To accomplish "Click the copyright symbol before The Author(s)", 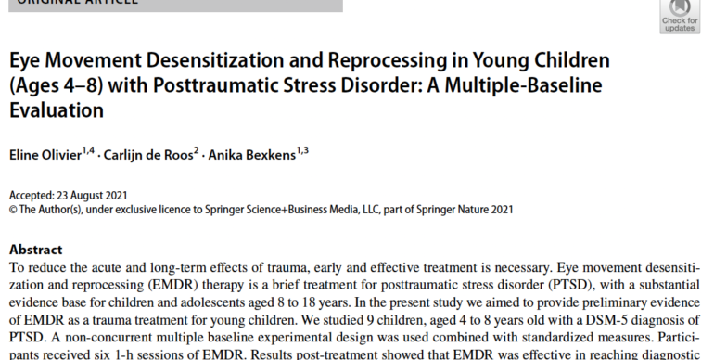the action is [13, 209].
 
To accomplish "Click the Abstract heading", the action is [35, 250].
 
